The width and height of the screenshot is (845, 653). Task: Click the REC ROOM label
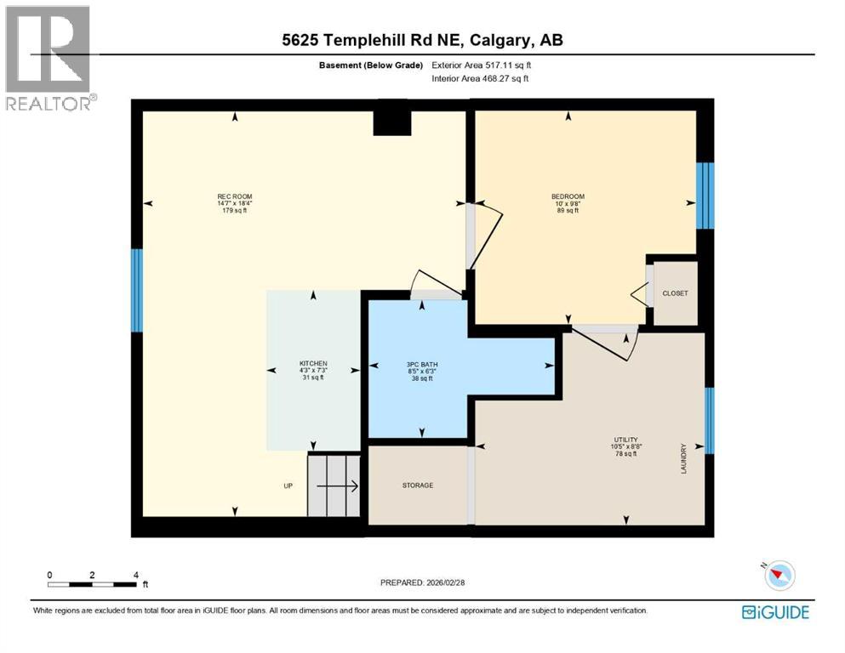point(235,197)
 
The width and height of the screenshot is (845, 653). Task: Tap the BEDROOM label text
point(568,197)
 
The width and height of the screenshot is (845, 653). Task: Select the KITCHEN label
point(312,363)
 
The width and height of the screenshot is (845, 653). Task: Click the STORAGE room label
point(418,485)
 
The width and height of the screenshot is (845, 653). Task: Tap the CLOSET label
point(675,293)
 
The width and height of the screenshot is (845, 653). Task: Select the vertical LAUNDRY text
point(682,459)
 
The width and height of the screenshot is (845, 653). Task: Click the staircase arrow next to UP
point(337,486)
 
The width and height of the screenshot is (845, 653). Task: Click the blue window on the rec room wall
point(136,290)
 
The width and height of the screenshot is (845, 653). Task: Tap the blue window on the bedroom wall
point(705,196)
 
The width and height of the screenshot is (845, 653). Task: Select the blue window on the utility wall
point(709,420)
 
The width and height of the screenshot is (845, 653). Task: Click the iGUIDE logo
point(775,612)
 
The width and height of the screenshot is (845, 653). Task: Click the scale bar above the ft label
point(92,584)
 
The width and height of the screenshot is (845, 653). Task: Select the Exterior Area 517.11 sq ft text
point(487,65)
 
